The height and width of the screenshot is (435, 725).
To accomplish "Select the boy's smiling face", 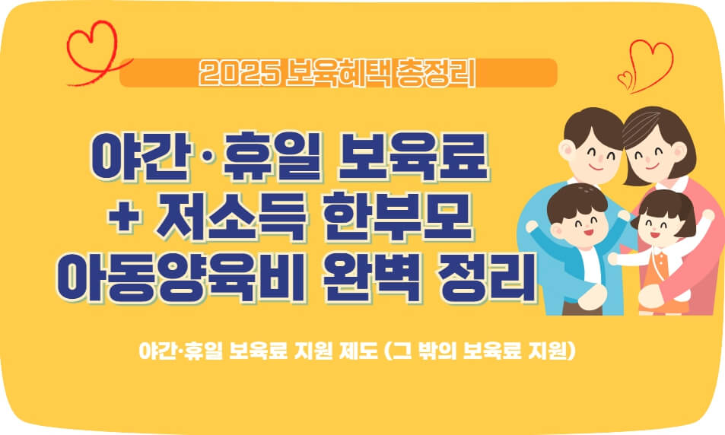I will click(x=576, y=221).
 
